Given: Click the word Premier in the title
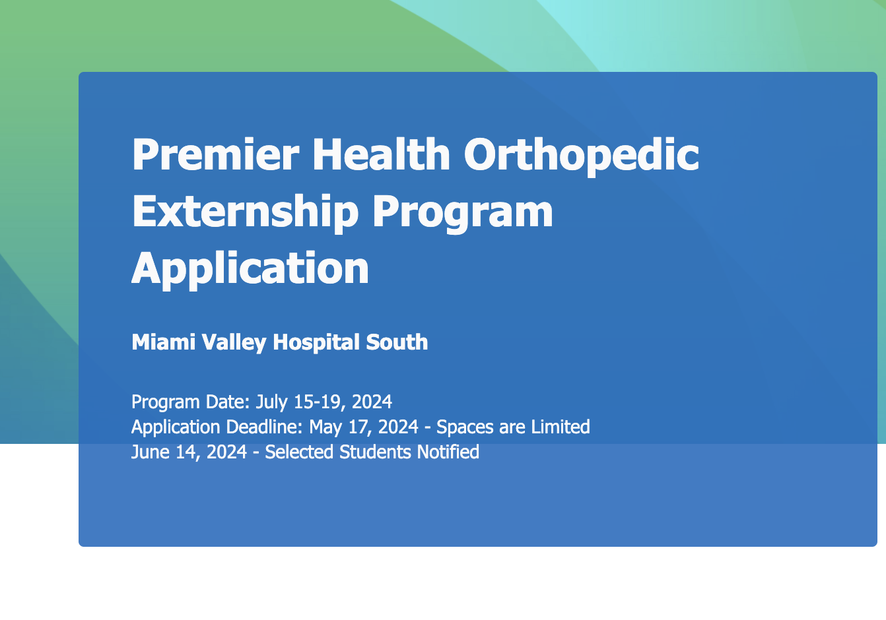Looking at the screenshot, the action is pos(215,154).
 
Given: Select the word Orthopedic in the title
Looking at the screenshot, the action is pos(582,157).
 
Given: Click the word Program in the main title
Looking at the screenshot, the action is pos(463,214).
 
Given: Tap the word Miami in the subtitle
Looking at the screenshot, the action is pos(163,342).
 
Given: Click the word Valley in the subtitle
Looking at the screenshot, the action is pos(234,343).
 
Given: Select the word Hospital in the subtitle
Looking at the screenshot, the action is pos(316,342).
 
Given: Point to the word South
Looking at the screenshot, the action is pos(397,342).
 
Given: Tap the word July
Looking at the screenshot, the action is pos(271,402).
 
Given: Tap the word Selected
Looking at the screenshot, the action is pos(299,452).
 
